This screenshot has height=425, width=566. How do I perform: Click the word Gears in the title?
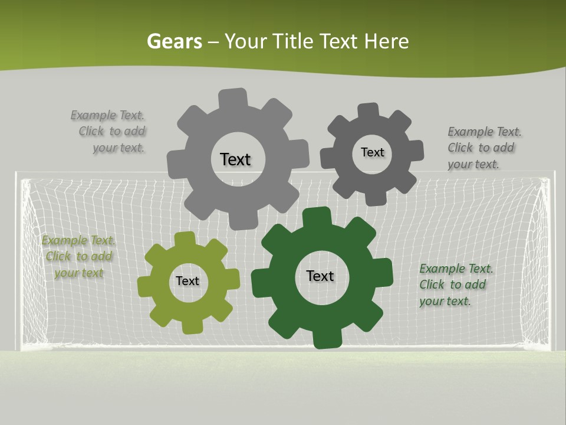[175, 41]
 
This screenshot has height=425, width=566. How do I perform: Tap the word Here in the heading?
[386, 41]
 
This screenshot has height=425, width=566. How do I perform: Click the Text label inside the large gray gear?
[235, 159]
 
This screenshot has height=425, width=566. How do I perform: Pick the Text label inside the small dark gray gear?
[372, 152]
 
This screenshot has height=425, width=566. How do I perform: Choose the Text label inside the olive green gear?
[187, 281]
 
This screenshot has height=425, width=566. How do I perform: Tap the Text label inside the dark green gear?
[320, 276]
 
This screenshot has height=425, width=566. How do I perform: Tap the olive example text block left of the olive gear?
[78, 256]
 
